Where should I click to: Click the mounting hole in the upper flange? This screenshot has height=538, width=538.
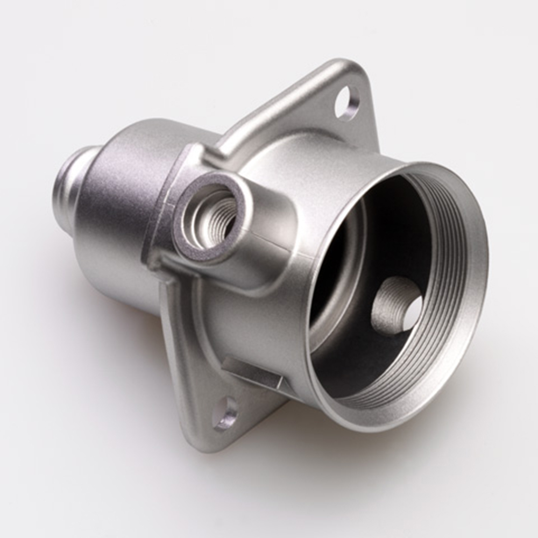pos(346,103)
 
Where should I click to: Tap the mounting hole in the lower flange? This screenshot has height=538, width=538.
pos(225,414)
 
